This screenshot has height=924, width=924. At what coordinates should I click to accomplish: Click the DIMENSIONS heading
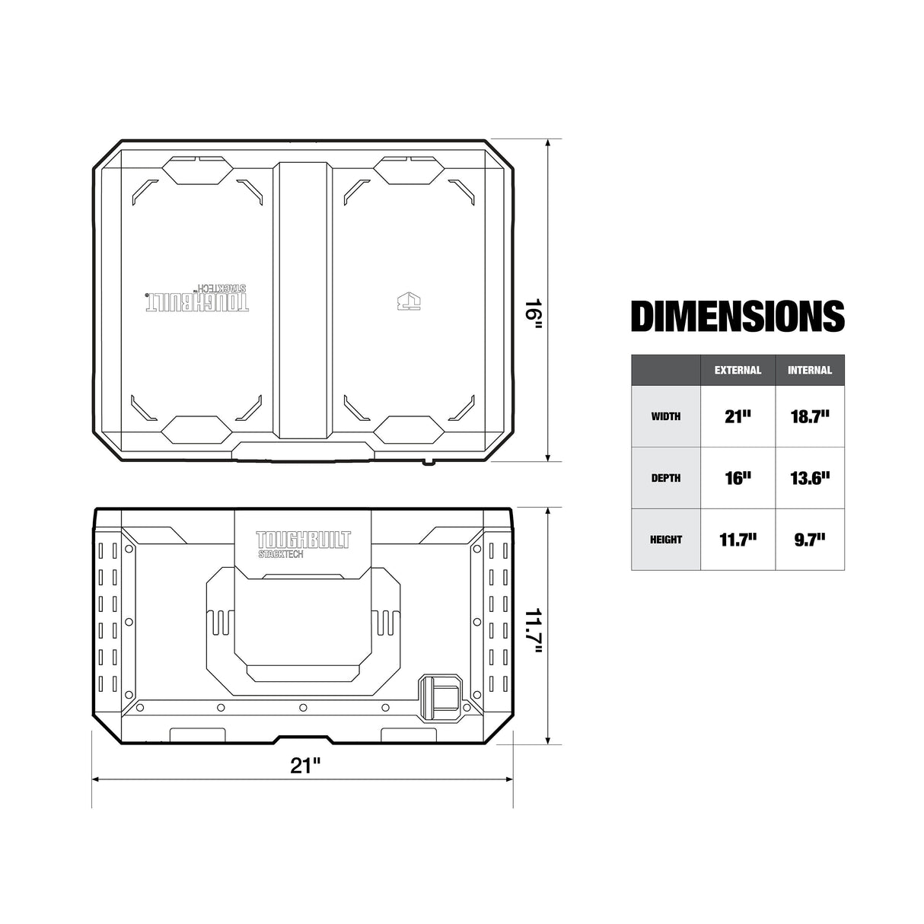pos(738,316)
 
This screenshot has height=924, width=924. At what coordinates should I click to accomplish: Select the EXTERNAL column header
pos(738,371)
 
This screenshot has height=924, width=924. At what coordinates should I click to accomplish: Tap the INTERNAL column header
pos(810,371)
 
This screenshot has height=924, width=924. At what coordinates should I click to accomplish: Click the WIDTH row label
pos(666,416)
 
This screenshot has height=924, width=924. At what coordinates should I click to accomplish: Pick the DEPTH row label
pos(666,478)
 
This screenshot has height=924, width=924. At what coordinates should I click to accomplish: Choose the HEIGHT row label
pos(666,540)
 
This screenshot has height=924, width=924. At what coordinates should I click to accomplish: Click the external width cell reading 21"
pos(738,416)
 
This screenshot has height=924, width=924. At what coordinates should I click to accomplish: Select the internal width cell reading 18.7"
pos(810,416)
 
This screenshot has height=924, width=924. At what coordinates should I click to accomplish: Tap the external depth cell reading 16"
pos(738,478)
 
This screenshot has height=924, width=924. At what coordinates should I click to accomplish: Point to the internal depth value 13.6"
pos(810,478)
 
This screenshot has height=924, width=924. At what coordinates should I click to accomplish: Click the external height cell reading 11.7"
pos(738,540)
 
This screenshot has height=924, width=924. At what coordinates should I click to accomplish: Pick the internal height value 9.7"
pos(810,540)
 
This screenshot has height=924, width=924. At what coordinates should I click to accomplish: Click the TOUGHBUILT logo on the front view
pos(303,540)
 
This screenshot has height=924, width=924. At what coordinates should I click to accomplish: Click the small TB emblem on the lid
pos(409,301)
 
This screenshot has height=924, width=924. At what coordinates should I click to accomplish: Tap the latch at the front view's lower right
pos(441,696)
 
